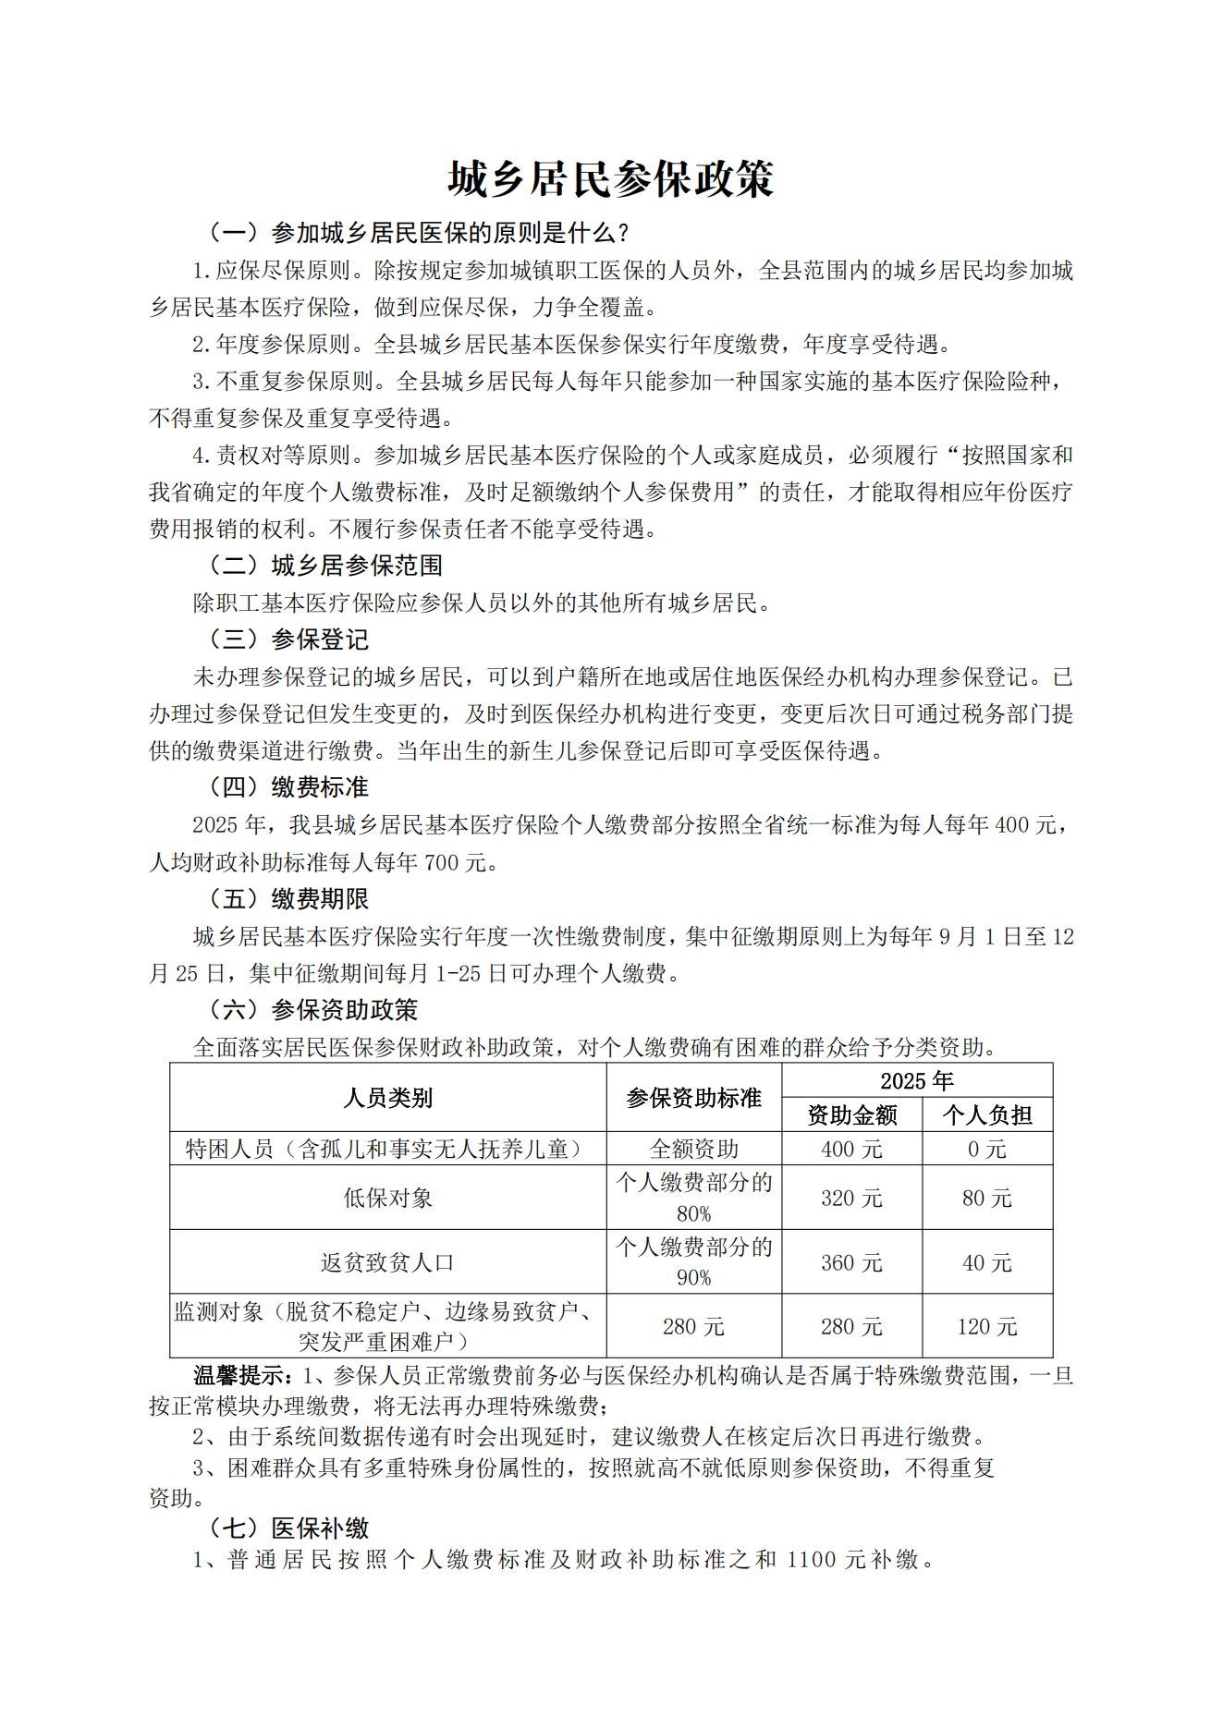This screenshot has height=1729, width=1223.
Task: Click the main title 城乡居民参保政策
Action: pyautogui.click(x=610, y=178)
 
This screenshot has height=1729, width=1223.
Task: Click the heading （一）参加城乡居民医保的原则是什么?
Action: pyautogui.click(x=418, y=232)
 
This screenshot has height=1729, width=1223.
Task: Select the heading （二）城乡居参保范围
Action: pyautogui.click(x=324, y=565)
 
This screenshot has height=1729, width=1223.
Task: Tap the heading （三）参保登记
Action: pyautogui.click(x=287, y=639)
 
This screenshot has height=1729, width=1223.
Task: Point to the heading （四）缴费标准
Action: pyautogui.click(x=287, y=786)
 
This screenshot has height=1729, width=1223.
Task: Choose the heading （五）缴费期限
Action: pyautogui.click(x=287, y=898)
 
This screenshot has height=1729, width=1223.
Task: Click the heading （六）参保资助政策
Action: pyautogui.click(x=312, y=1009)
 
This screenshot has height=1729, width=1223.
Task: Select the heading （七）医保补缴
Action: pyautogui.click(x=287, y=1528)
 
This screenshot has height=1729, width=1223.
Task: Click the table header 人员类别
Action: pyautogui.click(x=387, y=1097)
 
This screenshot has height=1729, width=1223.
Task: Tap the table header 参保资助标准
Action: pyautogui.click(x=693, y=1097)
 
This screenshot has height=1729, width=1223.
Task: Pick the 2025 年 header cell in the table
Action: pyautogui.click(x=916, y=1080)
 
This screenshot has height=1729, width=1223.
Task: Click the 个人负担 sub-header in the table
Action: pyautogui.click(x=986, y=1114)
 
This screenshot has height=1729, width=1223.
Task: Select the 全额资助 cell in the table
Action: pyautogui.click(x=693, y=1149)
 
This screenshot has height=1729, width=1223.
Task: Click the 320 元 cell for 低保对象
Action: pyautogui.click(x=851, y=1198)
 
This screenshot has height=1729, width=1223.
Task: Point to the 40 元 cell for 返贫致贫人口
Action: pyautogui.click(x=986, y=1262)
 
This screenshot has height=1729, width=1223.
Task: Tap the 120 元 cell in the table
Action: pyautogui.click(x=986, y=1326)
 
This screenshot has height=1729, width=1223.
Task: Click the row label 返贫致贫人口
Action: pyautogui.click(x=387, y=1262)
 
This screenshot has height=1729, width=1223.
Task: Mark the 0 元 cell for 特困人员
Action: pyautogui.click(x=986, y=1149)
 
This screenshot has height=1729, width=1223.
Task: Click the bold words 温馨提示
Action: pyautogui.click(x=242, y=1375)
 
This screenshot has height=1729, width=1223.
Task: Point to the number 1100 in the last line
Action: pyautogui.click(x=812, y=1559)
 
